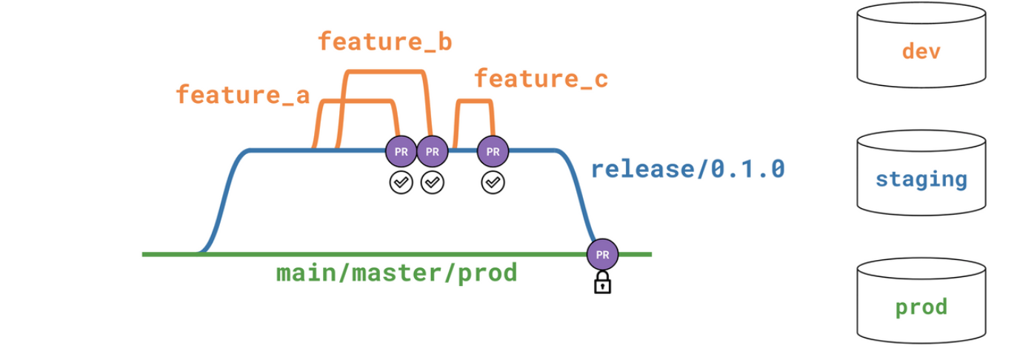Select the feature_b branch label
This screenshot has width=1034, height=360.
[x=385, y=41]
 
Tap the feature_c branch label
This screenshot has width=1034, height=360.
[x=541, y=79]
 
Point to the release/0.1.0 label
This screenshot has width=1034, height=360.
[x=688, y=169]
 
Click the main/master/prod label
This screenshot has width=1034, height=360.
[x=396, y=273]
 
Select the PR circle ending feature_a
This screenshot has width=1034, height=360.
[x=401, y=151]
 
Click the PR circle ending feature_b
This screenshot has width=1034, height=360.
[x=433, y=151]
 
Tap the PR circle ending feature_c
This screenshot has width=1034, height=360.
[x=493, y=151]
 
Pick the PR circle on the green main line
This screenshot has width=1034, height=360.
[x=602, y=254]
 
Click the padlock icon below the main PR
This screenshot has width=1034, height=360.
[x=602, y=282]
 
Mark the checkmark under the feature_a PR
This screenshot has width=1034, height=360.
[x=401, y=182]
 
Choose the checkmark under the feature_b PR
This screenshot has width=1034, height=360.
[x=433, y=182]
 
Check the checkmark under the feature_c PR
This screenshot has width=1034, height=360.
[x=493, y=182]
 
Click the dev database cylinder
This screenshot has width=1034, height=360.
[x=921, y=44]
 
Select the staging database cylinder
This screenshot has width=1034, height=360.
[x=921, y=173]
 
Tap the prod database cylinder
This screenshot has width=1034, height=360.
[x=921, y=301]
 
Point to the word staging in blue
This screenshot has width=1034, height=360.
[x=921, y=179]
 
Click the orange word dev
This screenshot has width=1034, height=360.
[x=921, y=51]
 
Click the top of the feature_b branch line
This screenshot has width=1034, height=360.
[x=385, y=72]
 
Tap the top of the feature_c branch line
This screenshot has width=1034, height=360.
[x=474, y=101]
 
